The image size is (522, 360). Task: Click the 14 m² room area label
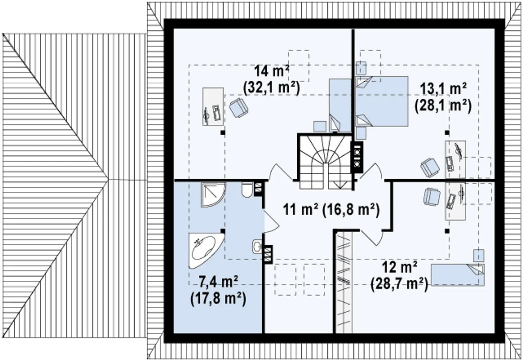click(272, 80)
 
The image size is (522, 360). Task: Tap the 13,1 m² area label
click(443, 98)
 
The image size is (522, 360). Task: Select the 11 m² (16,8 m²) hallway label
click(332, 210)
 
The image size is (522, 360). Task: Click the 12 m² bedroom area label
click(400, 275)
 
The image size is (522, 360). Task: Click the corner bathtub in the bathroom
click(206, 250)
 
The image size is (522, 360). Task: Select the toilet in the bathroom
click(247, 189)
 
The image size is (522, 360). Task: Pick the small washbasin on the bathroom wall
click(257, 246)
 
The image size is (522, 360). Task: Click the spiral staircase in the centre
click(325, 162)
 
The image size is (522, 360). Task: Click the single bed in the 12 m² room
click(458, 274)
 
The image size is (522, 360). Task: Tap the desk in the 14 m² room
click(213, 106)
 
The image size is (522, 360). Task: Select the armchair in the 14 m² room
click(238, 108)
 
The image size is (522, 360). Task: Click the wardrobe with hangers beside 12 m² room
click(344, 282)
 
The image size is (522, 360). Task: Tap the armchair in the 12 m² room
click(432, 197)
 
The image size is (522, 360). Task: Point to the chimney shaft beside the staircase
click(356, 157)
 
